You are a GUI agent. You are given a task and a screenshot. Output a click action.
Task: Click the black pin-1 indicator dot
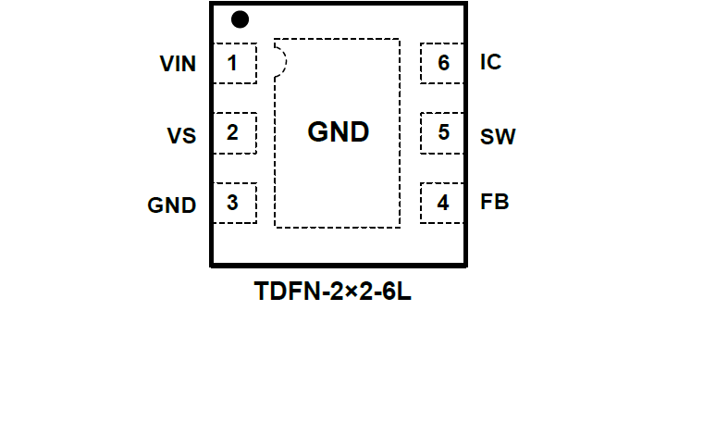240,19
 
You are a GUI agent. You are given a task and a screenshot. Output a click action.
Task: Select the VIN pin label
178,64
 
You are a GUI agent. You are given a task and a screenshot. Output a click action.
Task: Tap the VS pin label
181,135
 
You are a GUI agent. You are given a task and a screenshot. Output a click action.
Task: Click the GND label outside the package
172,205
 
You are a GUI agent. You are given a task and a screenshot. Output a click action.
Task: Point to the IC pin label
491,63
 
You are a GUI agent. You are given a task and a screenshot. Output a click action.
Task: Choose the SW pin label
498,137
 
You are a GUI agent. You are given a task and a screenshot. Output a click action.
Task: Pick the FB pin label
494,202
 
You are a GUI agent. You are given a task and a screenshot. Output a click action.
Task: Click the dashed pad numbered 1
235,63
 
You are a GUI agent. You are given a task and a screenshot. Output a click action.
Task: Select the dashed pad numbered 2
235,133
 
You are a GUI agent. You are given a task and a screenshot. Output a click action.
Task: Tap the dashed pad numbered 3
235,203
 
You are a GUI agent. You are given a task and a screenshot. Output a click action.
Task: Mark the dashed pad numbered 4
442,203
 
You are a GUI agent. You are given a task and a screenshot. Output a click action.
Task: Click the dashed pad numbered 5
442,133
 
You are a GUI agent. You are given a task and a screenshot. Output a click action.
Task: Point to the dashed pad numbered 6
442,63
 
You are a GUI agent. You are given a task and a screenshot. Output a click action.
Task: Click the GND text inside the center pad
338,132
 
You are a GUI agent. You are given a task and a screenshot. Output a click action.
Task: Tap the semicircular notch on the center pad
280,61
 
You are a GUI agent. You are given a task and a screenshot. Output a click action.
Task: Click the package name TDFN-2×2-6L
333,292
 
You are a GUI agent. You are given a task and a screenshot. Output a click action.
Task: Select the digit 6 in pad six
444,63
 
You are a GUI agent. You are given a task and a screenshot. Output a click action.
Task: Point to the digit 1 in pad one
232,63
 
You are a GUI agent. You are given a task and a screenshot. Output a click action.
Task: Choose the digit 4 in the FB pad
443,203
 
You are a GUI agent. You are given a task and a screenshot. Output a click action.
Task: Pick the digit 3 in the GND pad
232,202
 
